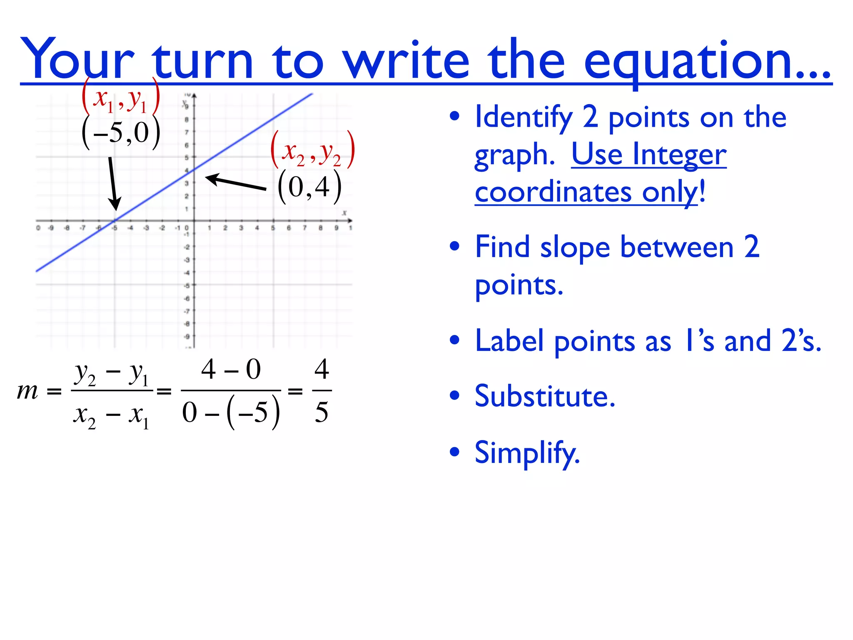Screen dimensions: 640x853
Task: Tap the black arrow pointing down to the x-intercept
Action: tap(113, 183)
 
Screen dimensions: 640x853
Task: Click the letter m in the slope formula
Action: tap(27, 392)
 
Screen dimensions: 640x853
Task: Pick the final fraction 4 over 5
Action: tap(322, 391)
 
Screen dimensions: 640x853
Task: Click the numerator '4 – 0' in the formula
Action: tap(231, 369)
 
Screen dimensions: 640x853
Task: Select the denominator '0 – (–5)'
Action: tap(231, 412)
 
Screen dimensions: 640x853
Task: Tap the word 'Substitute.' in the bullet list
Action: tap(545, 396)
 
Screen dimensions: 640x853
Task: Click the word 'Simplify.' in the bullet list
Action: tap(527, 453)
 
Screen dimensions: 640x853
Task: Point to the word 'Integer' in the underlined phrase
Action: tap(679, 155)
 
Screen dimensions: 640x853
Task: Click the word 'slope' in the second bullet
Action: tap(575, 247)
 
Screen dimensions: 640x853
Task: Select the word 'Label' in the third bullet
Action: tap(509, 341)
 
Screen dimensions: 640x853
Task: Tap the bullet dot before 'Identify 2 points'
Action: tap(454, 117)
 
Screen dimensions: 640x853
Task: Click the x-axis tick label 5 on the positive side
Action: tap(273, 228)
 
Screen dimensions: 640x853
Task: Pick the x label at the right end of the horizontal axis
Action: tap(344, 213)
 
